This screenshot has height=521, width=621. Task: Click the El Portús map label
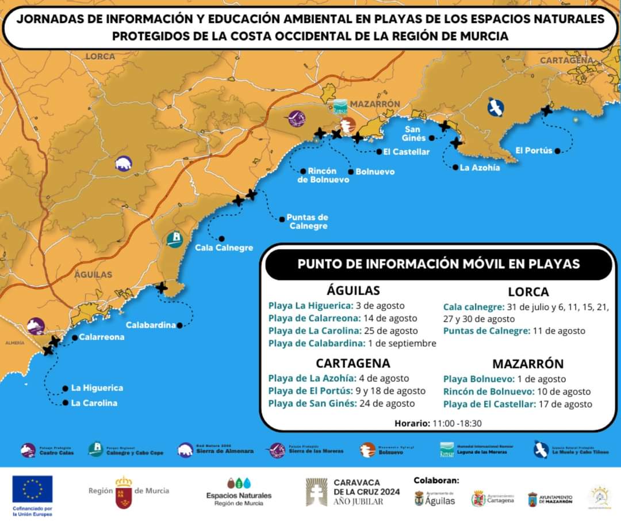534,151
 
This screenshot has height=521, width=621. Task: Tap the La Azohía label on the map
480,168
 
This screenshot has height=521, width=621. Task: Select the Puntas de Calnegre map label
308,222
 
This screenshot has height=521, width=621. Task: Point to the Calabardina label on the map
150,325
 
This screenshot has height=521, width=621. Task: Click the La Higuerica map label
97,388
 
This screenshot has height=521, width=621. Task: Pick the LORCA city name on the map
101,56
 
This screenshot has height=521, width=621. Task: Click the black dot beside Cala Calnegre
221,238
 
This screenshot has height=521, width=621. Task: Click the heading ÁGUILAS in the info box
353,290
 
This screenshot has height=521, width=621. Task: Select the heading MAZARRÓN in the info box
528,364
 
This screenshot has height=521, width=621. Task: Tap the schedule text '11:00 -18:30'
457,423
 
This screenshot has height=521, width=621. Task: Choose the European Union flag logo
32,489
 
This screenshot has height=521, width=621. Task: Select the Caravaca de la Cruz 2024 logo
352,492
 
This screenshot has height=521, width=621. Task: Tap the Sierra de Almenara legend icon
185,450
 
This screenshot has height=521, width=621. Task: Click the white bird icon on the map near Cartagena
495,107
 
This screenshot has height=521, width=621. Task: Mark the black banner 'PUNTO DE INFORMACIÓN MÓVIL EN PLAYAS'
438,264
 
